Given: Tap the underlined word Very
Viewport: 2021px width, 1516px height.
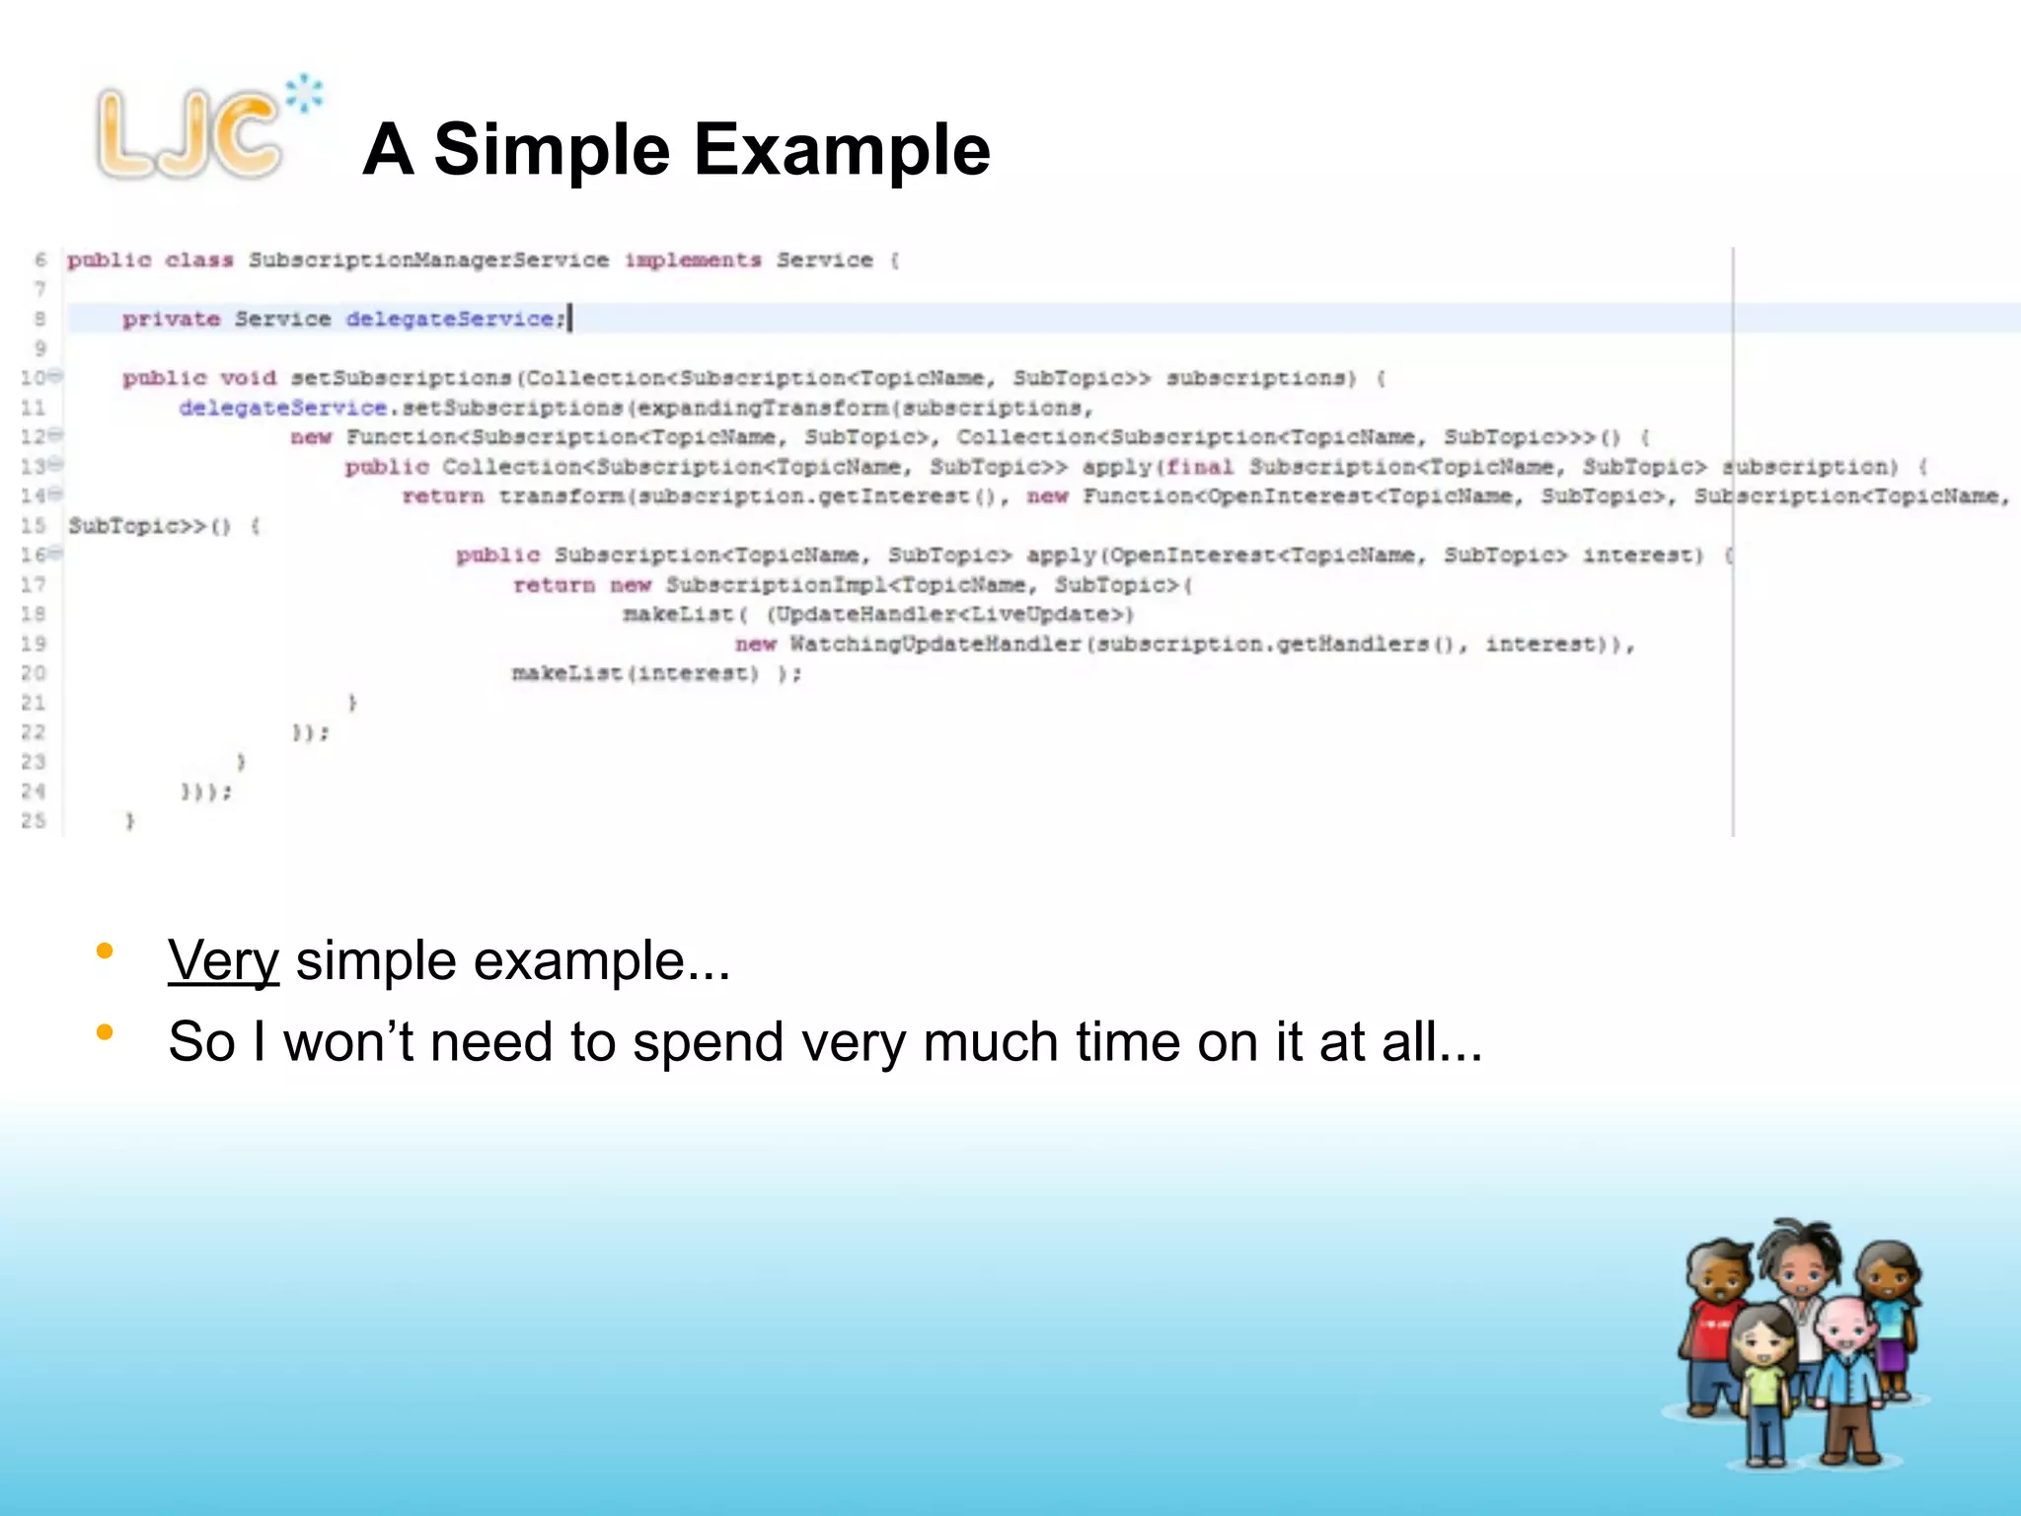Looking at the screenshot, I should (x=223, y=960).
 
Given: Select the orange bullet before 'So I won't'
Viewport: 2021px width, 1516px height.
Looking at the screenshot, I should (x=105, y=1032).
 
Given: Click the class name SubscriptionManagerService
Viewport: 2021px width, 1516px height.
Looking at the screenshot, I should (x=428, y=261).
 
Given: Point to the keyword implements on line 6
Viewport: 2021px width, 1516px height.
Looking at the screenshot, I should (x=693, y=261).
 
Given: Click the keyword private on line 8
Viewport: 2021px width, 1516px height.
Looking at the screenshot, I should (x=171, y=320).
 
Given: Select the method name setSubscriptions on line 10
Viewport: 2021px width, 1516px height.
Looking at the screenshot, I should (x=401, y=379).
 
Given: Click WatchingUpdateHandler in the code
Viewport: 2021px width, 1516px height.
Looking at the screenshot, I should (x=936, y=644).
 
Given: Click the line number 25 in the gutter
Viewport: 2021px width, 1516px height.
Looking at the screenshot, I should (x=34, y=821).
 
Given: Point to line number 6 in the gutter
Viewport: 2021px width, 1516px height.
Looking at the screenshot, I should (x=40, y=261).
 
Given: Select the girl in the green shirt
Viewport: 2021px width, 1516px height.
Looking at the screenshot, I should (x=1764, y=1382).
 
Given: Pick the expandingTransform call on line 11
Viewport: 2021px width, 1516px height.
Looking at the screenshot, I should (x=763, y=409).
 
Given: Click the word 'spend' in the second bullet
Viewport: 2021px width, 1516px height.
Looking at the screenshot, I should (x=708, y=1044).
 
